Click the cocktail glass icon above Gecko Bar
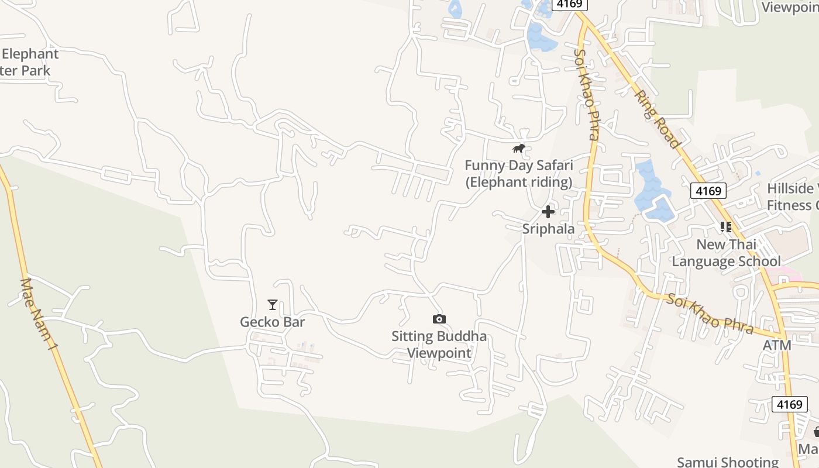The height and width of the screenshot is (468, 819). [x=273, y=304]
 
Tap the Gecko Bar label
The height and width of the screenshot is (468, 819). [x=273, y=322]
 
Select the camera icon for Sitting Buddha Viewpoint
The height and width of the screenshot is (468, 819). [x=439, y=319]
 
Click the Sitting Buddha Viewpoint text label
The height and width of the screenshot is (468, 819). [x=439, y=345]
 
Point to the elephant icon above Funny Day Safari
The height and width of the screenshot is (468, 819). [x=518, y=149]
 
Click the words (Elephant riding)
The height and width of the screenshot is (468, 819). [x=518, y=182]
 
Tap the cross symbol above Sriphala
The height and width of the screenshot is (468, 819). [x=548, y=211]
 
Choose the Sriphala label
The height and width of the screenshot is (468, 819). [x=548, y=229]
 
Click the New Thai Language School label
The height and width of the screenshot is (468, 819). [x=726, y=253]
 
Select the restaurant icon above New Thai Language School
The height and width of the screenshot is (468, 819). [x=726, y=227]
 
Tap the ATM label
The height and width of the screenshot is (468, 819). [x=777, y=345]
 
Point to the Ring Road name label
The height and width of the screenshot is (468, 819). [x=659, y=119]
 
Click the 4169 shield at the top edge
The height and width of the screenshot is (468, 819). [x=569, y=4]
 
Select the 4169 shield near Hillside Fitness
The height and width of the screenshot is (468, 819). [x=708, y=191]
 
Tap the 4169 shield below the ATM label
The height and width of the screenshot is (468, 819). [x=789, y=404]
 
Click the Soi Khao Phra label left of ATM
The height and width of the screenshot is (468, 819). [x=710, y=314]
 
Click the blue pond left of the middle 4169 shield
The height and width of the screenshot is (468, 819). [x=651, y=193]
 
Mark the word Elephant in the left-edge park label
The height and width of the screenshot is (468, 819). [x=30, y=54]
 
